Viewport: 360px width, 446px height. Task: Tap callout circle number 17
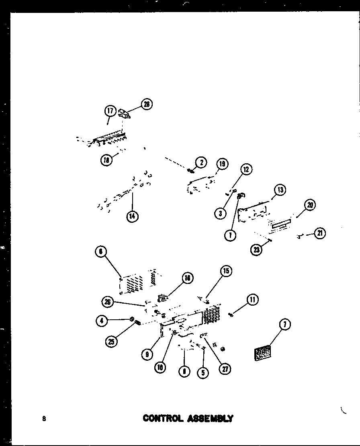tap(110, 111)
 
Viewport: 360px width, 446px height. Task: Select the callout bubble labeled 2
tap(201, 162)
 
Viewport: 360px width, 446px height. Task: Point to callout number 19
tap(222, 164)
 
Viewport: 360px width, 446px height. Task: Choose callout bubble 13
tap(280, 190)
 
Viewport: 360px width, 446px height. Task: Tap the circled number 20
tap(309, 205)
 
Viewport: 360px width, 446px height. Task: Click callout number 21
tap(320, 233)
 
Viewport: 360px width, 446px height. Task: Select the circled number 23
tap(256, 250)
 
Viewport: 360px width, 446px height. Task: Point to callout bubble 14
tap(132, 216)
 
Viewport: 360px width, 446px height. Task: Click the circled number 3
tap(220, 213)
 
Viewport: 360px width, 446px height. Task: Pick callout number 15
tap(226, 271)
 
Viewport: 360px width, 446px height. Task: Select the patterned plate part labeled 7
tap(263, 354)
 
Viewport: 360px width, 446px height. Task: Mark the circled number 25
tap(110, 342)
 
